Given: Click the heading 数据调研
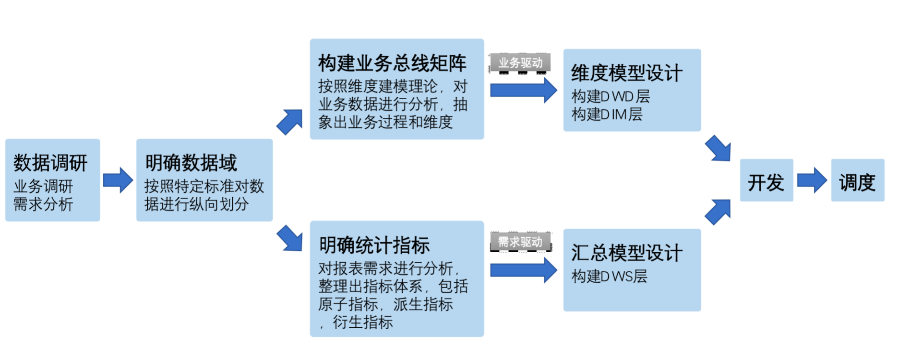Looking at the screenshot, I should coord(50,163).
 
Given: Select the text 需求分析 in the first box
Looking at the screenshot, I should coord(43,204).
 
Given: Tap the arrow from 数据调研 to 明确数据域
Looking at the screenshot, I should coord(118,180).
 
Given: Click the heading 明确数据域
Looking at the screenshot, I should coord(191,163).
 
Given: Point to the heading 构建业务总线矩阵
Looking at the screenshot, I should coord(392,63).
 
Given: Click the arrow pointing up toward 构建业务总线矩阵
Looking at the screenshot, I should coord(290,121).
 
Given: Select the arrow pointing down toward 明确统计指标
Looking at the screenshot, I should coord(290,238).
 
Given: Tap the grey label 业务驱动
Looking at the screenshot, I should coord(520,63).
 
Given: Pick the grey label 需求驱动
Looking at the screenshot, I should coord(520,241).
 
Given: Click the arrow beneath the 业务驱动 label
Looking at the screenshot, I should coord(523,90).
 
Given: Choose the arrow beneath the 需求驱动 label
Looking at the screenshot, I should coord(523,270).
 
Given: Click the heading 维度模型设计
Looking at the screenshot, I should coord(626,73).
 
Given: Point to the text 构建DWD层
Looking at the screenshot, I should coord(610,96).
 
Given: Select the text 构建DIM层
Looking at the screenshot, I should coord(606,114).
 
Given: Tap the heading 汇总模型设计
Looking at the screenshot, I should coord(626,253).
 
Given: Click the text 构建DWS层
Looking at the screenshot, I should coord(609,276).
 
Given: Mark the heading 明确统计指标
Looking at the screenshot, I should coord(374,245).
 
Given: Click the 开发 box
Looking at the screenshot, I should coord(766,180).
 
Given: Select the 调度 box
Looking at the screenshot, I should coord(857,180).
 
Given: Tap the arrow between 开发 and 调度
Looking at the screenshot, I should coord(812,180).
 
